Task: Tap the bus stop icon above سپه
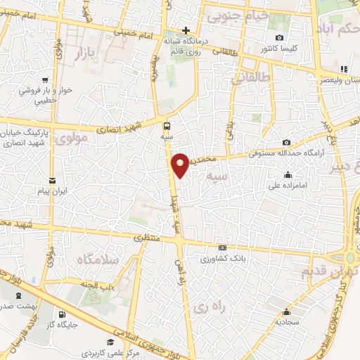tap(167, 127)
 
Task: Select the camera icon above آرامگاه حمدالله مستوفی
tap(286, 143)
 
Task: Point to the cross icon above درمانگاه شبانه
tap(186, 30)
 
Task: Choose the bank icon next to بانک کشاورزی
tap(223, 247)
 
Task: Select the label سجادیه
tap(288, 322)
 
